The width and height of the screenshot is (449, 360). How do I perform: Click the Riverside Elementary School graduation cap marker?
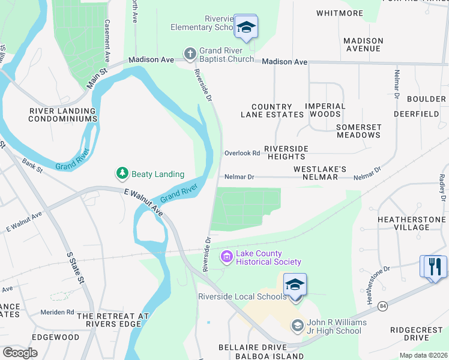coord(245,27)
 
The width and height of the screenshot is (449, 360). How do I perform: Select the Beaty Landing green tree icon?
coord(122,174)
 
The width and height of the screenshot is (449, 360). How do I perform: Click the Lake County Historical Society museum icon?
coord(226,257)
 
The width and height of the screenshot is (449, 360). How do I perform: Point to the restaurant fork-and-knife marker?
coord(435,266)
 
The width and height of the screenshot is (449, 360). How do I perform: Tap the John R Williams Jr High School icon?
coord(297,326)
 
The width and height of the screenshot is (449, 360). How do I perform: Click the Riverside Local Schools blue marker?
coord(295,284)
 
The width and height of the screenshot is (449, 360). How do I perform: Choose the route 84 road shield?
coord(384,307)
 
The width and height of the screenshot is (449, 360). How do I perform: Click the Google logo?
coord(19,353)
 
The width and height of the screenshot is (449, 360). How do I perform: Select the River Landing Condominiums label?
coord(63,115)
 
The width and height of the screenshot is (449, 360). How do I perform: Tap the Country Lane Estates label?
coord(272,110)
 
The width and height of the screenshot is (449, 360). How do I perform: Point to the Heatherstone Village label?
coord(412,223)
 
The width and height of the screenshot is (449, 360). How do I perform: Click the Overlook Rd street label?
coord(242,153)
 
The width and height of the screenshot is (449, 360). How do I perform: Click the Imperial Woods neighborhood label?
coord(325,110)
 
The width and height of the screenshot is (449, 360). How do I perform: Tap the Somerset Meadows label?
coord(358,131)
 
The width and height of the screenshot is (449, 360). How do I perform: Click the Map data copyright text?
coord(423,355)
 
